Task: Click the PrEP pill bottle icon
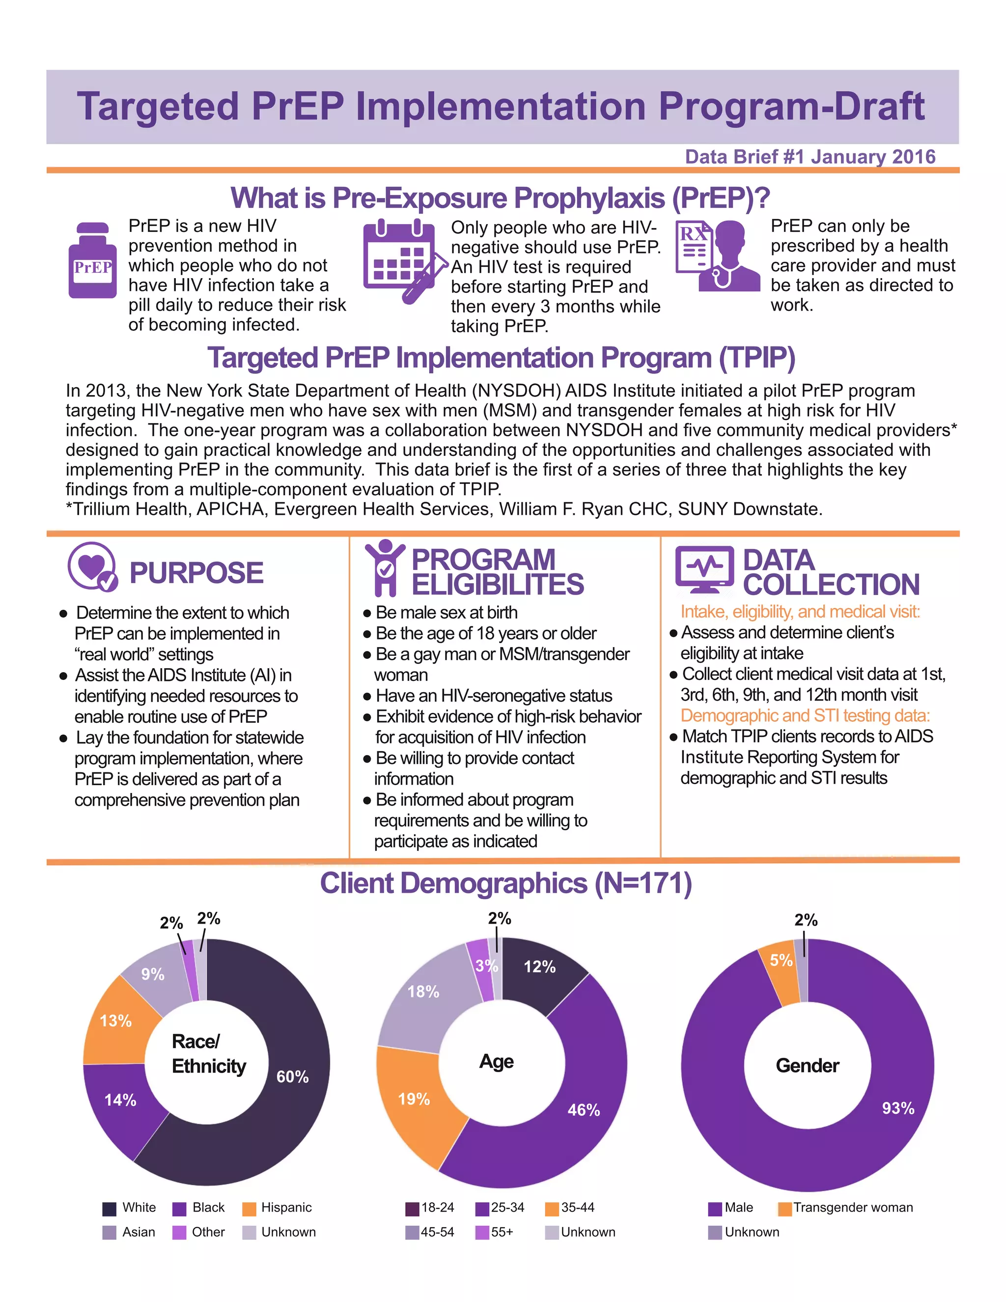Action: (x=92, y=260)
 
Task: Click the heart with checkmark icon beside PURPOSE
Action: (x=92, y=567)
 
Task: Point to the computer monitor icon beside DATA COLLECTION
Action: (x=704, y=569)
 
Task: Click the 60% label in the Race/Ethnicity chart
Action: (x=293, y=1076)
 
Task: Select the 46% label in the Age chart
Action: (x=584, y=1109)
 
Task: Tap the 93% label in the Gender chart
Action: (x=898, y=1107)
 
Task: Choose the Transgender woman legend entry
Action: (x=846, y=1207)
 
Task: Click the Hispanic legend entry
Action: (x=279, y=1207)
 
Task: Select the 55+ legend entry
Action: (x=495, y=1232)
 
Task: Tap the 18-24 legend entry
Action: (x=430, y=1207)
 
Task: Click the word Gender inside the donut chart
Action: (x=808, y=1065)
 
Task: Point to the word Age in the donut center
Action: (x=497, y=1061)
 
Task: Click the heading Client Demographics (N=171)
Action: (x=505, y=883)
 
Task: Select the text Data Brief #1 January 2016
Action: (x=810, y=157)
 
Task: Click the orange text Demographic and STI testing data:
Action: (x=805, y=715)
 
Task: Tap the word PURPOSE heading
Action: (x=196, y=573)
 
